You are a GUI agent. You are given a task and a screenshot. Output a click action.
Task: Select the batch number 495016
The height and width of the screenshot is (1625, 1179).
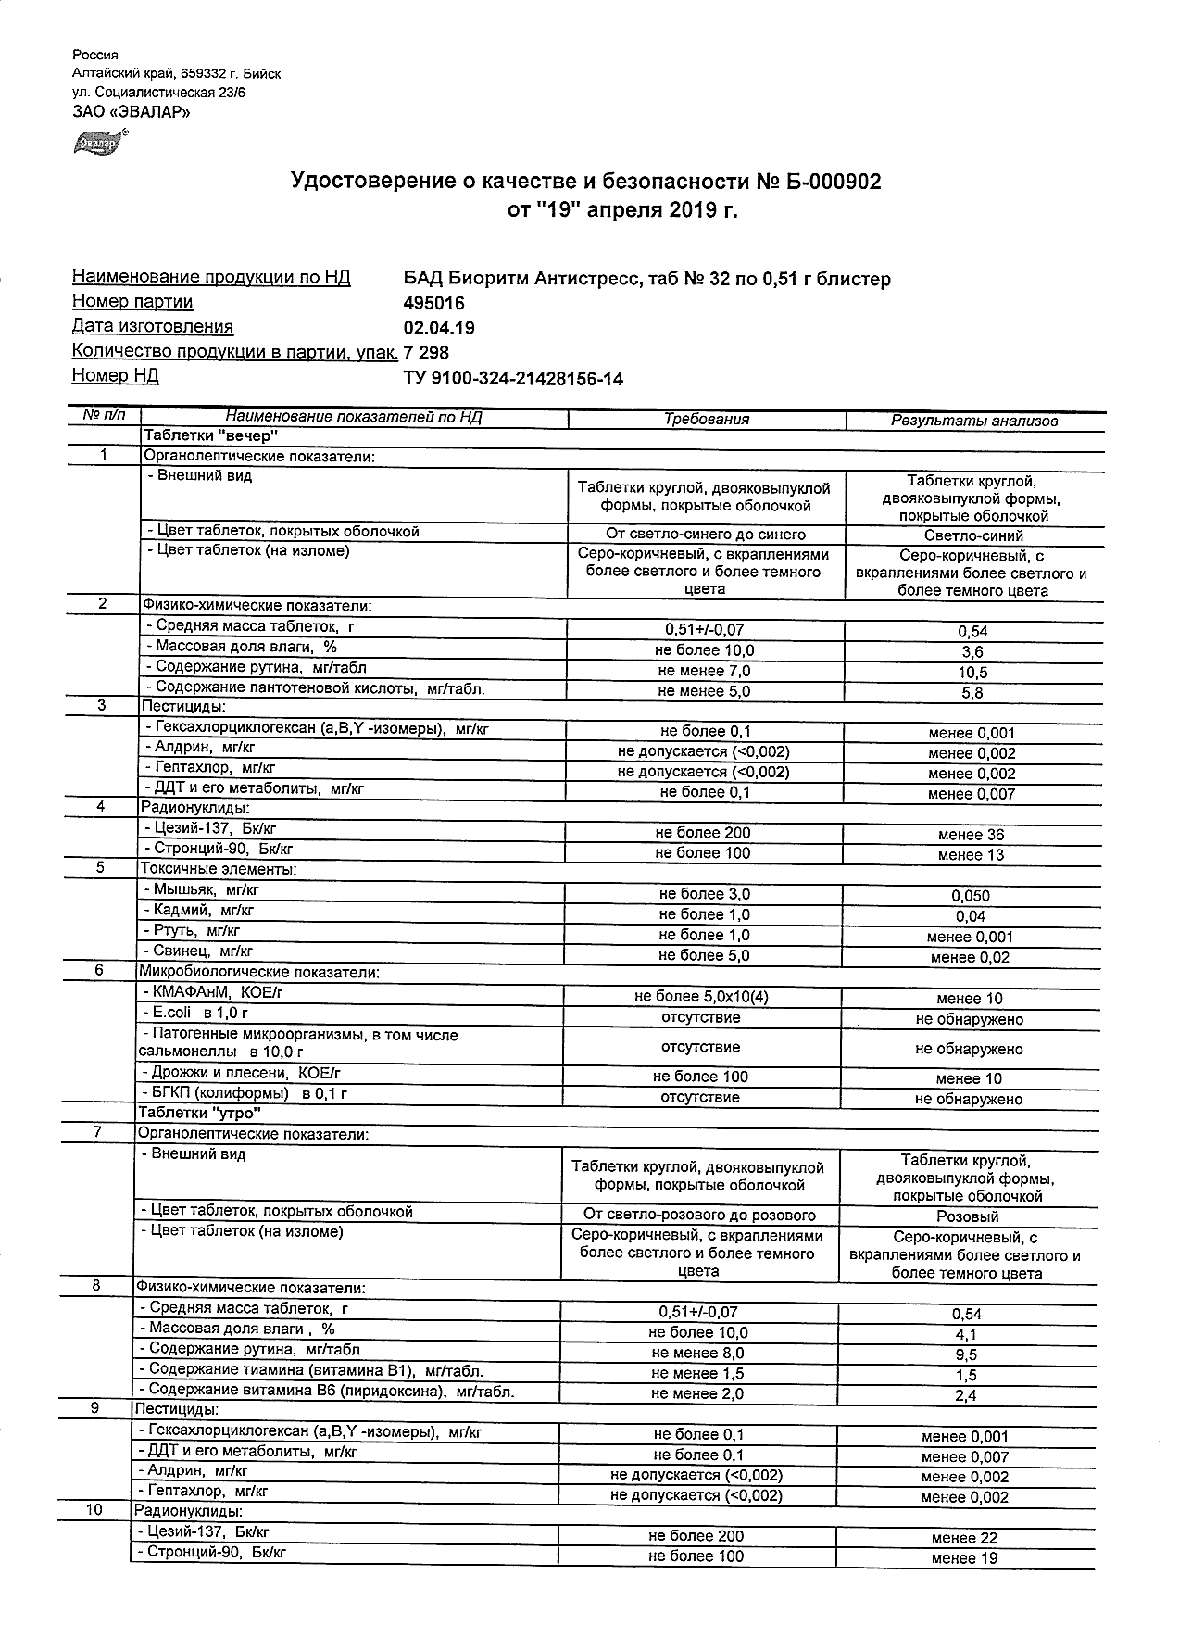coord(434,303)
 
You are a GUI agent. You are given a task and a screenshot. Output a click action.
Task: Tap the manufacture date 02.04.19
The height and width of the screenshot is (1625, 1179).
coord(439,327)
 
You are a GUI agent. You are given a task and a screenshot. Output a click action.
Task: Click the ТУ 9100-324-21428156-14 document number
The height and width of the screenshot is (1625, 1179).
coord(514,378)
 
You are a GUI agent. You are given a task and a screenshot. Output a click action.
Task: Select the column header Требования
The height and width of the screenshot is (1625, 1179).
coord(707,420)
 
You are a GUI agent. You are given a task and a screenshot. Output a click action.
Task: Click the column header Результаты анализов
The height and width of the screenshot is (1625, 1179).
coord(973,421)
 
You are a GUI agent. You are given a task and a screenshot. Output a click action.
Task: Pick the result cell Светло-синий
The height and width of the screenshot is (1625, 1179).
coord(972,535)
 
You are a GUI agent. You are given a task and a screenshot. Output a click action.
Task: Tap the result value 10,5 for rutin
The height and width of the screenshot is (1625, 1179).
coord(972,673)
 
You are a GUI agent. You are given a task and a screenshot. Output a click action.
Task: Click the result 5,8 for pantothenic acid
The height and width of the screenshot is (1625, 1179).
coord(972,693)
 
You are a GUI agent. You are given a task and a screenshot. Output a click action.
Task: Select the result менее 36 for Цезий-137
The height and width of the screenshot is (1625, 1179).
coord(971,835)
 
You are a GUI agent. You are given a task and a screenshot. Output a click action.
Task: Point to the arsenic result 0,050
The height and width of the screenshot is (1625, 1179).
coord(971,896)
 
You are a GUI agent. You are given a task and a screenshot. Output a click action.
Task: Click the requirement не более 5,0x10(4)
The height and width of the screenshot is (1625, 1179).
coord(701,997)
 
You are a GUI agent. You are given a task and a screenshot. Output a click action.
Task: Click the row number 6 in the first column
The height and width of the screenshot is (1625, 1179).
coord(100,970)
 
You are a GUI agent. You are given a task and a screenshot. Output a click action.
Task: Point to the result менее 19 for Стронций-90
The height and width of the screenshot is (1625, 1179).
coord(964,1558)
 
